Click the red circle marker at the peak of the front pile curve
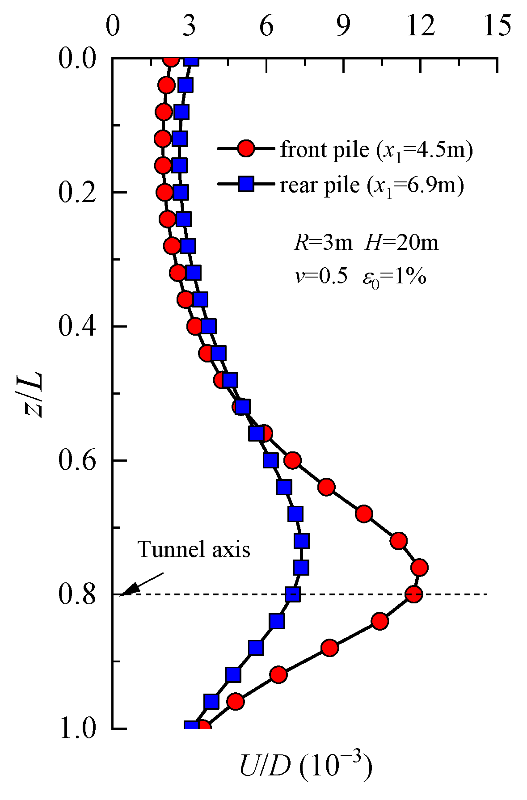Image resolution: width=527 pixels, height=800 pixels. (420, 568)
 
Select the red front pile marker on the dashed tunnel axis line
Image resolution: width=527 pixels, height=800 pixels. (414, 594)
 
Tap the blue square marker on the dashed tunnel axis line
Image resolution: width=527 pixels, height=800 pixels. (292, 594)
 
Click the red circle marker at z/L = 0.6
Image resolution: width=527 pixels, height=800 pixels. (293, 460)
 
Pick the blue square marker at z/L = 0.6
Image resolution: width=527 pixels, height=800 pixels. (271, 460)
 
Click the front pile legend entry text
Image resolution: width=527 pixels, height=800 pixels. (376, 150)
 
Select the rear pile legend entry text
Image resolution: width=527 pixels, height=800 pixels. (371, 185)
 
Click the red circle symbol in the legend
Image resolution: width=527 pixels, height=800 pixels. (246, 149)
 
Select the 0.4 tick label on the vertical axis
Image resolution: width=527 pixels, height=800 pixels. (77, 326)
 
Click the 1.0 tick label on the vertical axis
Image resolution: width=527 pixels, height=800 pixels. (77, 728)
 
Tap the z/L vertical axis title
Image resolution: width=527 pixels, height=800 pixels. (34, 393)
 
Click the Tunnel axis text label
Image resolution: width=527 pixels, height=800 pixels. (194, 549)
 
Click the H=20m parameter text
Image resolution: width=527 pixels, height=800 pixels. (401, 243)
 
